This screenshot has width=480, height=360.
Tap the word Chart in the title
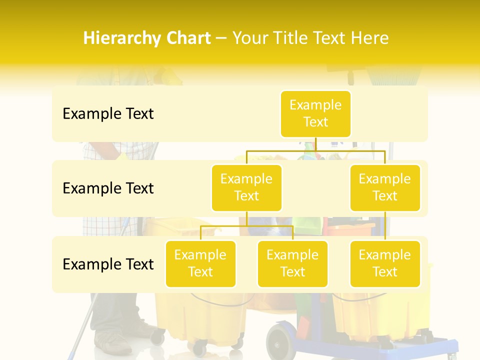(188, 38)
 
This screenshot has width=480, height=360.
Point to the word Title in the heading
(293, 38)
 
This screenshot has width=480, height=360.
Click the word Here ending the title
(370, 38)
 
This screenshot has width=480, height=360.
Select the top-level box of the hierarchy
(315, 114)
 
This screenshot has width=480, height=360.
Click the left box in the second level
(246, 187)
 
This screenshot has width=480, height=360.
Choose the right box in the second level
(385, 187)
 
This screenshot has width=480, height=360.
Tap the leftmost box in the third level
(200, 263)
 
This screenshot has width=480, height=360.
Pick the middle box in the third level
(292, 263)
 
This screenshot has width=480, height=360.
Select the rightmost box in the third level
(385, 263)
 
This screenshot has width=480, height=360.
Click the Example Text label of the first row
(108, 114)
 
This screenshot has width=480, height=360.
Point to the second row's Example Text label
(108, 188)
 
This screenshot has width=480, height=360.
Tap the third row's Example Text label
(108, 264)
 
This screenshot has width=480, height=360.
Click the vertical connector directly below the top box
(315, 144)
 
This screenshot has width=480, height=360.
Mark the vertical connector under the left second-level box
(246, 218)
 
